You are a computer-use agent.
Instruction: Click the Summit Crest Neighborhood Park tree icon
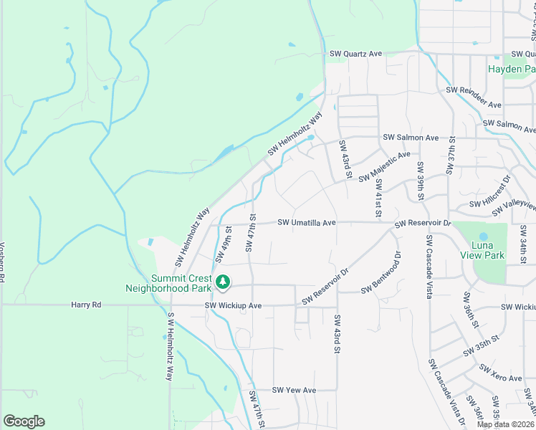click(224, 282)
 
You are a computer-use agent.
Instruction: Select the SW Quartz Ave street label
click(356, 54)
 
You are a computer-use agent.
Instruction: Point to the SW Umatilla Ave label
click(307, 223)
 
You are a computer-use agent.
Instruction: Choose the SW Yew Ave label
click(294, 391)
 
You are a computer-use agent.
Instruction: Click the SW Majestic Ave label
click(384, 166)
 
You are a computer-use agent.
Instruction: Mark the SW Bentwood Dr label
click(381, 272)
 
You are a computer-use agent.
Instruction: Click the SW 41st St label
click(378, 196)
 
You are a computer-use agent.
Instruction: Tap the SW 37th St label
click(451, 155)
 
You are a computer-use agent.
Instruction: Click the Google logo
click(24, 421)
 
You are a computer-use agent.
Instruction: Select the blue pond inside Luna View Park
click(484, 236)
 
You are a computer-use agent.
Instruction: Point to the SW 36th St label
click(471, 310)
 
